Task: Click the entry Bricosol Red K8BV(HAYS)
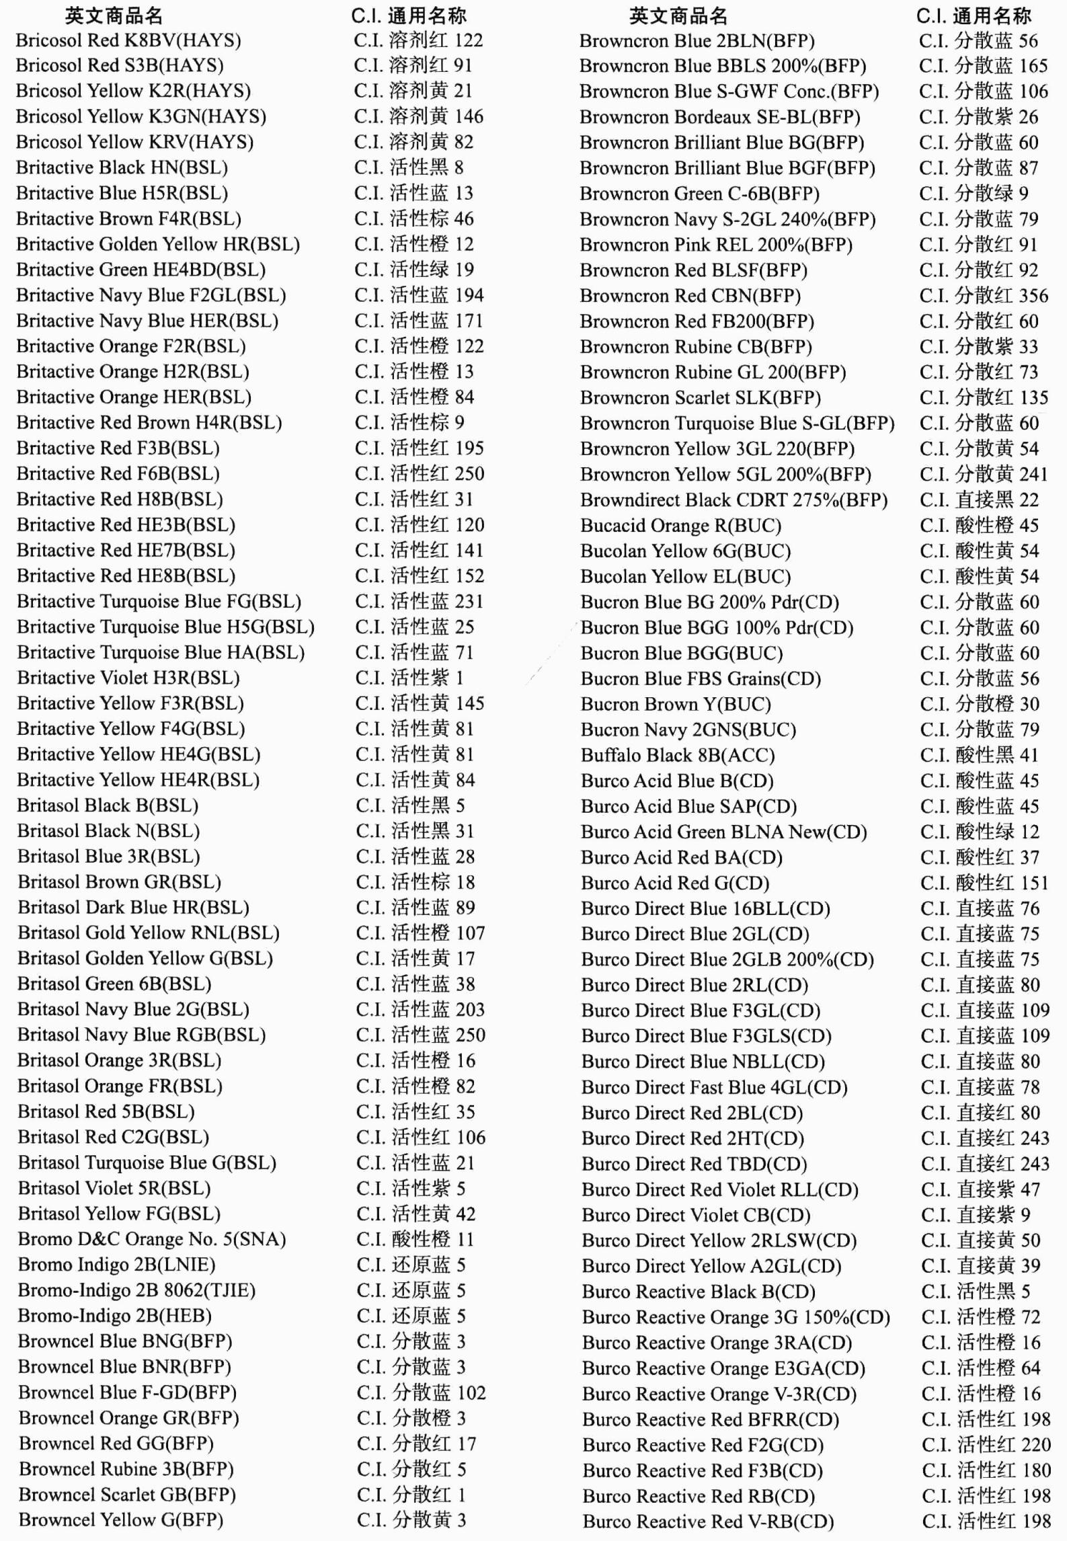(x=128, y=41)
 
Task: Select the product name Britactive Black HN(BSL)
(x=122, y=168)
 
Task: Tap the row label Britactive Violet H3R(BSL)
(x=128, y=678)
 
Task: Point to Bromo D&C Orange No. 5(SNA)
(x=152, y=1239)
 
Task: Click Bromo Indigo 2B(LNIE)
(x=116, y=1265)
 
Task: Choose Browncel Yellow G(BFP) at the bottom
(x=121, y=1519)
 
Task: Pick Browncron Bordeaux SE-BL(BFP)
(x=720, y=117)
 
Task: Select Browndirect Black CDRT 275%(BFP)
(x=734, y=500)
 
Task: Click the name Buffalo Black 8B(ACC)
(x=678, y=755)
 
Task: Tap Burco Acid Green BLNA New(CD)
(x=724, y=832)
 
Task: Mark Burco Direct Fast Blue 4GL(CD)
(x=715, y=1087)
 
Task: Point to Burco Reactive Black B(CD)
(x=699, y=1292)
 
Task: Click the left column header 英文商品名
(x=114, y=15)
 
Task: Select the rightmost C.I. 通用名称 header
(x=974, y=15)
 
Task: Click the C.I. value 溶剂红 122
(x=418, y=41)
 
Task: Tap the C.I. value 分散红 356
(x=984, y=296)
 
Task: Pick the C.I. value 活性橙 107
(x=420, y=933)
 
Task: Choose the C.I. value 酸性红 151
(x=984, y=883)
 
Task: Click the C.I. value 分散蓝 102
(x=421, y=1392)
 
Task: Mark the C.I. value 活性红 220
(x=986, y=1445)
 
